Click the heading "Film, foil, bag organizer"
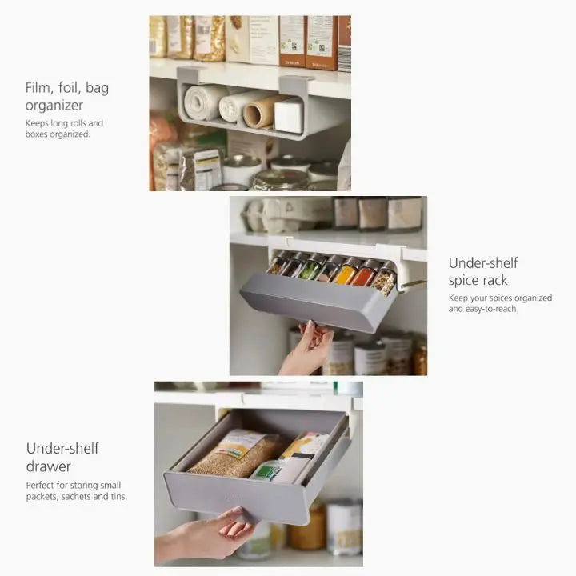click(x=67, y=96)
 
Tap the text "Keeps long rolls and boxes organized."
click(x=64, y=129)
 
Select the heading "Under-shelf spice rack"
click(x=483, y=271)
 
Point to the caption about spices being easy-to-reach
click(x=500, y=303)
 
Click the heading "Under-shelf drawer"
click(x=62, y=457)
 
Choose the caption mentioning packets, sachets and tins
click(x=77, y=490)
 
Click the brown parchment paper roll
click(x=262, y=111)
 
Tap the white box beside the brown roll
click(x=289, y=114)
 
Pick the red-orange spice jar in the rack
click(x=362, y=274)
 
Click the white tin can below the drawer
click(x=344, y=526)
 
